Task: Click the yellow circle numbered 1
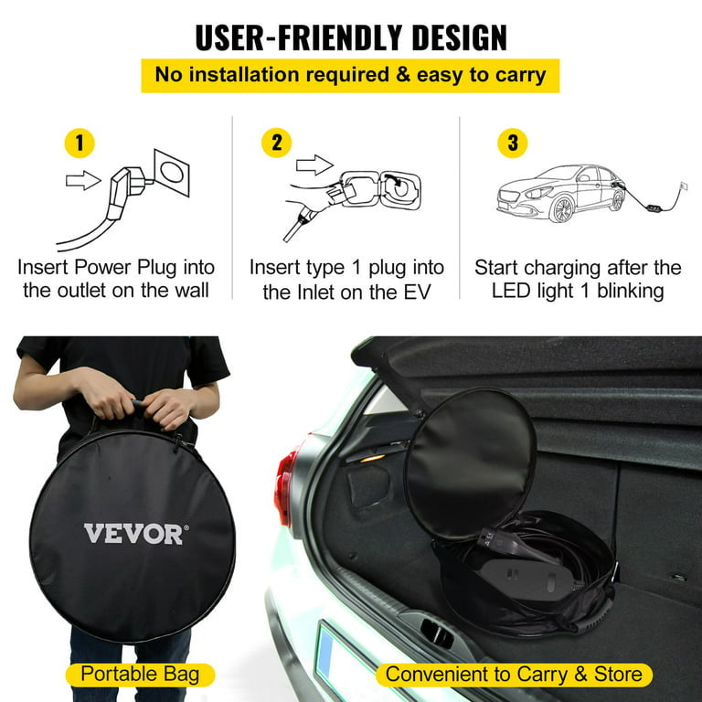tap(80, 144)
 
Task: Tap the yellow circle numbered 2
tap(276, 143)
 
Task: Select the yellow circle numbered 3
tap(512, 143)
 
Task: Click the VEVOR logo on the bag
tap(133, 533)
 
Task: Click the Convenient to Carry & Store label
tap(514, 675)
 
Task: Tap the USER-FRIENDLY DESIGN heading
tap(351, 37)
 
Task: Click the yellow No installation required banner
tap(350, 75)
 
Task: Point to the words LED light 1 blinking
tap(578, 292)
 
